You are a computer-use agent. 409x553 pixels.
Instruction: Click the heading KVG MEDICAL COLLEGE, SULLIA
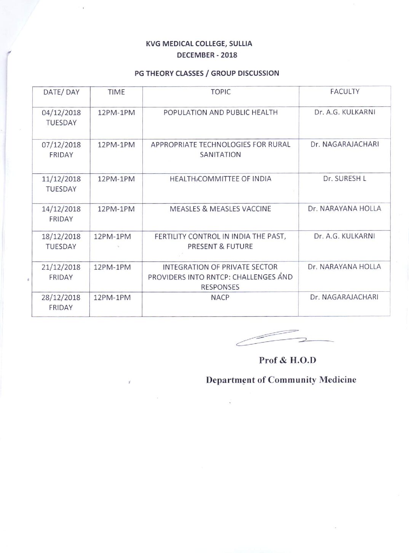pos(199,44)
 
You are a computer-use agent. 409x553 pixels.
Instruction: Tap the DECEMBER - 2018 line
pos(207,55)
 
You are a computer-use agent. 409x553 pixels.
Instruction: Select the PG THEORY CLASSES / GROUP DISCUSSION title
pos(207,73)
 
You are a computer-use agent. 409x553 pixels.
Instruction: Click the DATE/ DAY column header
pos(61,92)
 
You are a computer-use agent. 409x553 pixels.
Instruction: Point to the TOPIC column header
pos(220,92)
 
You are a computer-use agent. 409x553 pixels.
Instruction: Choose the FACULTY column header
pos(345,91)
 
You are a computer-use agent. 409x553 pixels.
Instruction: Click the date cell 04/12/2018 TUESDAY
pos(61,117)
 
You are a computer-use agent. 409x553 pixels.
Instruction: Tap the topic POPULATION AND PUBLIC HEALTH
pos(220,112)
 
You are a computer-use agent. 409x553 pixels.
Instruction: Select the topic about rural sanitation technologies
pos(220,149)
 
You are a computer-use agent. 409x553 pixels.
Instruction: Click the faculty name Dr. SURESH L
pos(345,178)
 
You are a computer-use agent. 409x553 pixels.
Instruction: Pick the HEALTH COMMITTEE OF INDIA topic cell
pos(220,179)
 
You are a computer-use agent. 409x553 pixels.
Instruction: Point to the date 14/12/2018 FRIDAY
pos(61,214)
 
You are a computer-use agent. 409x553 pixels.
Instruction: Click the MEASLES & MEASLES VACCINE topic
pos(220,209)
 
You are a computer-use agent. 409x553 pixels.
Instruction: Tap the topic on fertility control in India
pos(220,241)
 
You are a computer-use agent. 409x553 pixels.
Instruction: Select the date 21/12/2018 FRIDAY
pos(61,272)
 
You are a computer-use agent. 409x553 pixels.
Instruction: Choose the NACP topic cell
pos(220,297)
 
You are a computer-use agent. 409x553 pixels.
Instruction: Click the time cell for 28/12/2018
pos(112,297)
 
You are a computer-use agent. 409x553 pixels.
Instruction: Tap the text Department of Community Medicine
pos(281,380)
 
